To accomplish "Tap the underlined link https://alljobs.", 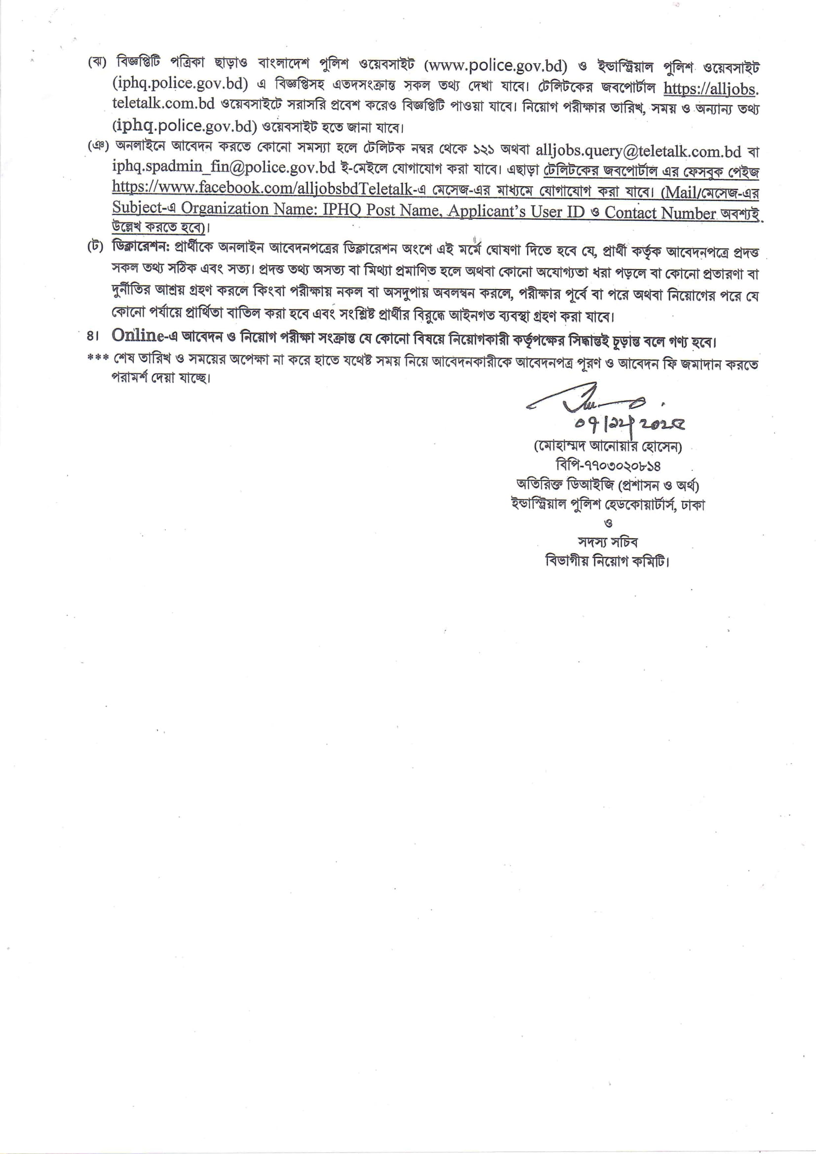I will tap(710, 88).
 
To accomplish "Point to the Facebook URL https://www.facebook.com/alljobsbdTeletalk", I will tap(265, 188).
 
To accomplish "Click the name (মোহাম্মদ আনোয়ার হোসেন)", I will tap(608, 447).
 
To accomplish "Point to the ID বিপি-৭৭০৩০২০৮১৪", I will tap(608, 466).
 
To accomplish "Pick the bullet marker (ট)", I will tap(95, 248).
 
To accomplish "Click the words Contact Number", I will tap(660, 213).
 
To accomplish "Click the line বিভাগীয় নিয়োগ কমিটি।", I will tap(608, 561).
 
